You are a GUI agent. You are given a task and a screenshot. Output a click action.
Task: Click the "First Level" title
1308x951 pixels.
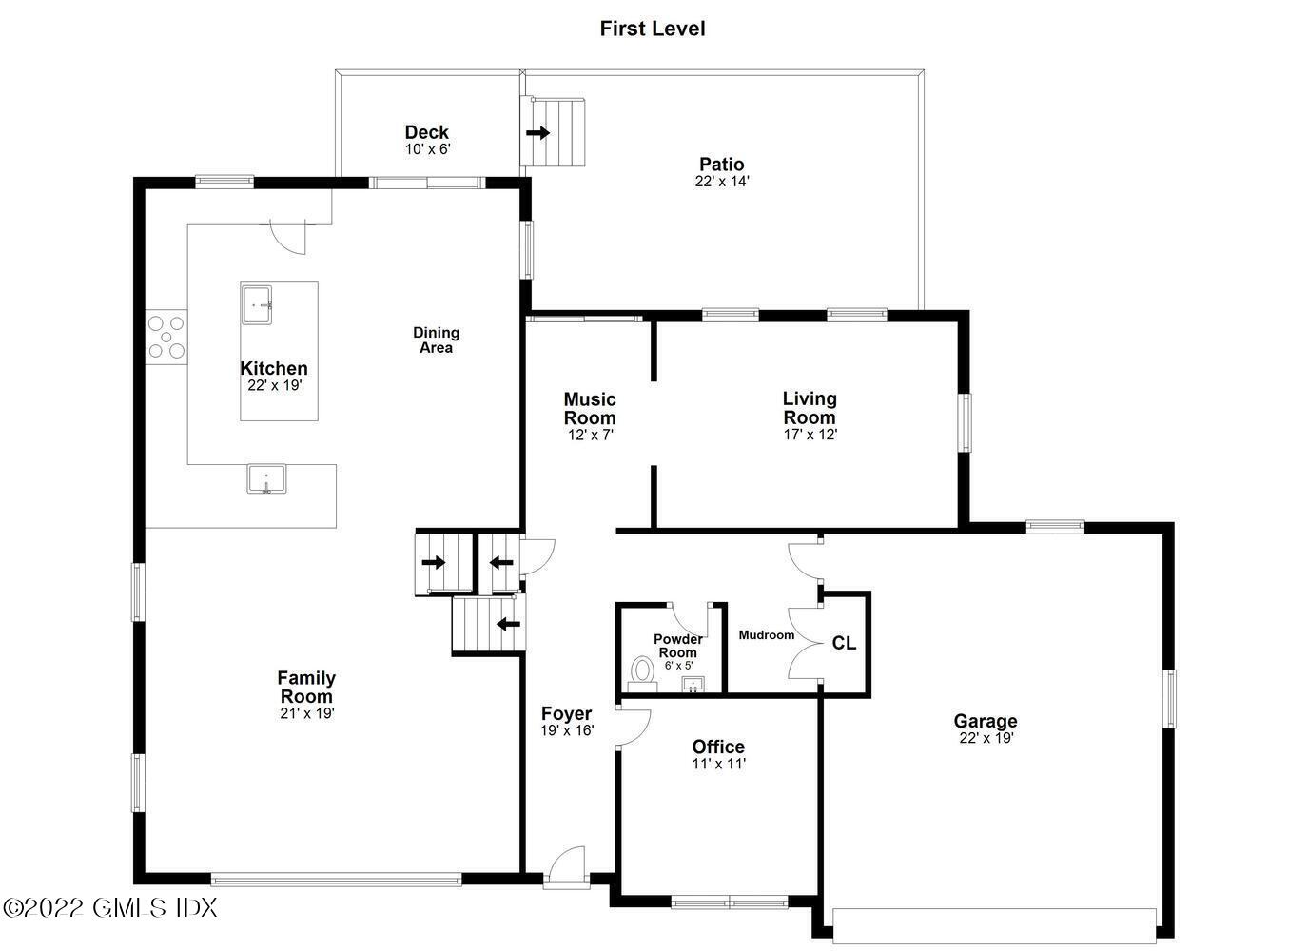[653, 29]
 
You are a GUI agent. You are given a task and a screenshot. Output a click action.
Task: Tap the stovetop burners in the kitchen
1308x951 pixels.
[166, 337]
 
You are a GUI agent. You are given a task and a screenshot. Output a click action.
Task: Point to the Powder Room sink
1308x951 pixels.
[693, 684]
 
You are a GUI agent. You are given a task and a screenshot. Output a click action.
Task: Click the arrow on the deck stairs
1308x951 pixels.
[538, 133]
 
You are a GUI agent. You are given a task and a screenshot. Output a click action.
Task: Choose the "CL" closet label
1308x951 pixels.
[844, 643]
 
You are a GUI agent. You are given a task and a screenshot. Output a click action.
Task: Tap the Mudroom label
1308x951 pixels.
[766, 634]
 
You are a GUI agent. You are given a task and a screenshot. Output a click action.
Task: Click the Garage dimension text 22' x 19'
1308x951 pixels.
[986, 738]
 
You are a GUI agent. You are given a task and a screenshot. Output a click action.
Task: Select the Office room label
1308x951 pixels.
[718, 747]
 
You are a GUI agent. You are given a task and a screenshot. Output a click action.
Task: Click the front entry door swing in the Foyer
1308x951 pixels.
[568, 864]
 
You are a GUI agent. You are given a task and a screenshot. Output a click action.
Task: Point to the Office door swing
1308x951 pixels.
[633, 725]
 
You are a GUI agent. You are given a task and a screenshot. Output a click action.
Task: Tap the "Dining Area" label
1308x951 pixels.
[436, 340]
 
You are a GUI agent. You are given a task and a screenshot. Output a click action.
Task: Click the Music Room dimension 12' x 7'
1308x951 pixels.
[590, 435]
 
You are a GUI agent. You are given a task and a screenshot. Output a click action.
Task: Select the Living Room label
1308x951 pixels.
[810, 407]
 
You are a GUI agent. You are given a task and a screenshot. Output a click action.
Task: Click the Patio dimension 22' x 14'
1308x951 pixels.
[722, 181]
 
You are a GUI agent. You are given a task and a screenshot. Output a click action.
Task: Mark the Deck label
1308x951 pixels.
[426, 132]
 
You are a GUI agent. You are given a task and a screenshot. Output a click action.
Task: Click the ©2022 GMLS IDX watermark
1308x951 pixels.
[110, 907]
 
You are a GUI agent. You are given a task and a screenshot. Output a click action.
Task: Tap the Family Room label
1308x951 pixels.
[305, 687]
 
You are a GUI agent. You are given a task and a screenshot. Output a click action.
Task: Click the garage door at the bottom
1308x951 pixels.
[994, 924]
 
